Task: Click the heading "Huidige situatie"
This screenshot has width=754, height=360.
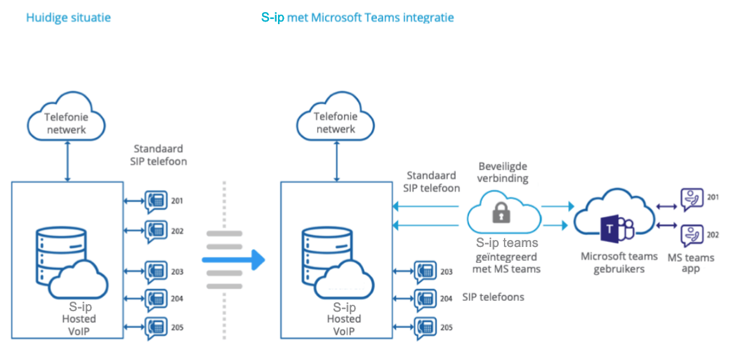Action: click(69, 18)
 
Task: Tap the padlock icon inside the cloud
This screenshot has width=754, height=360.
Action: click(501, 212)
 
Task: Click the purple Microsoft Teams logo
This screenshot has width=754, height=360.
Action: click(617, 228)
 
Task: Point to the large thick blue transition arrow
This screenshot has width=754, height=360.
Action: click(233, 260)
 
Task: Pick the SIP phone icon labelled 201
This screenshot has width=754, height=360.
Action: click(155, 201)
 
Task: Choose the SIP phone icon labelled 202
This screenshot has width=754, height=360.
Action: click(155, 231)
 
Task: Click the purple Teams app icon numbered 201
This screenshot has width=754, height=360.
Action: click(692, 199)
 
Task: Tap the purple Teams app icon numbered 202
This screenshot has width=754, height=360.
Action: click(692, 236)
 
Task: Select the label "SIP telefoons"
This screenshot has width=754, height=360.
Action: click(493, 297)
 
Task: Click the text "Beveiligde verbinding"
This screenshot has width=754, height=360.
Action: click(503, 172)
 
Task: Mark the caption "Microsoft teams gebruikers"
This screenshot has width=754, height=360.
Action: click(618, 262)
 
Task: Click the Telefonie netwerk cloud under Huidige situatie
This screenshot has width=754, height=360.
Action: click(67, 121)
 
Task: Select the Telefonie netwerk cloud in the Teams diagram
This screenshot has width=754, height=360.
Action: click(336, 121)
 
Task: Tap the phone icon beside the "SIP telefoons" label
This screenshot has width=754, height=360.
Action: click(426, 298)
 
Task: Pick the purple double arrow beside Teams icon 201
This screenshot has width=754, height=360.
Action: click(667, 206)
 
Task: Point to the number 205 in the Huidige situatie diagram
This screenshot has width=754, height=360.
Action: click(177, 328)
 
